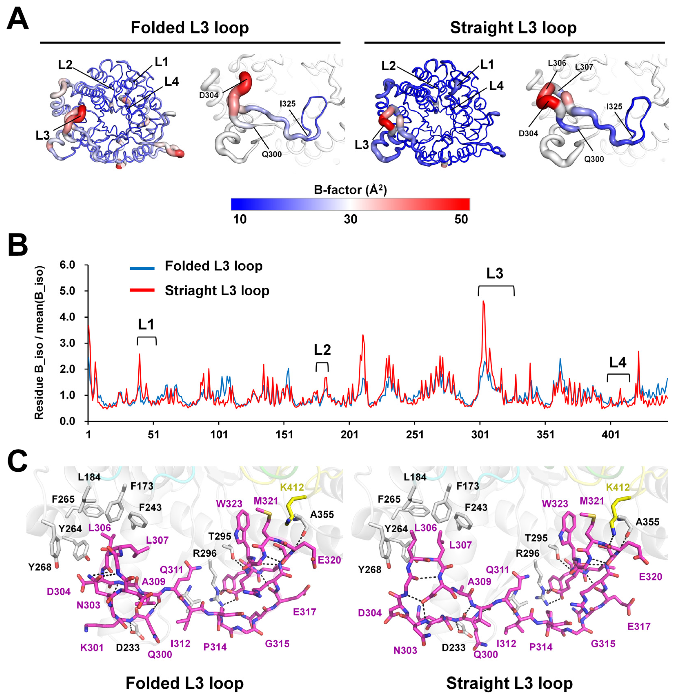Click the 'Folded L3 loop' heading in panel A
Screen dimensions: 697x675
point(189,28)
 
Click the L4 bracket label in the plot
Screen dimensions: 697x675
point(618,362)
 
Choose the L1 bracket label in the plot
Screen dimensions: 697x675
point(146,325)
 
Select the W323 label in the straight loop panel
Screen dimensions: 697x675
point(555,504)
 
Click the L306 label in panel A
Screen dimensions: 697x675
point(557,63)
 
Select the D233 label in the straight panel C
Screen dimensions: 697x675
point(453,647)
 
